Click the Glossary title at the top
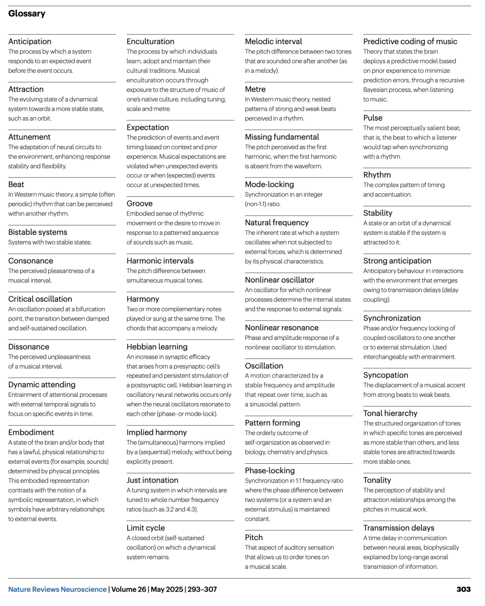point(26,13)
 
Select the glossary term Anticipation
point(30,41)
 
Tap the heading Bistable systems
point(38,232)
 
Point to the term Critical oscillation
point(40,299)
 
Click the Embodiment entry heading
point(31,432)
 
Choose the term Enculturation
point(150,41)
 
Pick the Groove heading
point(140,203)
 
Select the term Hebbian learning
point(157,347)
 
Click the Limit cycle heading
point(145,528)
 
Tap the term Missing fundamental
point(282,137)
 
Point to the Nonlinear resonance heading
point(282,328)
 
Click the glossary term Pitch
point(254,537)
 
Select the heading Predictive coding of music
point(410,41)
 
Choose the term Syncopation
point(386,375)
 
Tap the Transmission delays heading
point(399,528)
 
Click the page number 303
point(463,589)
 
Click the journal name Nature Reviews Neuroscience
point(57,589)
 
